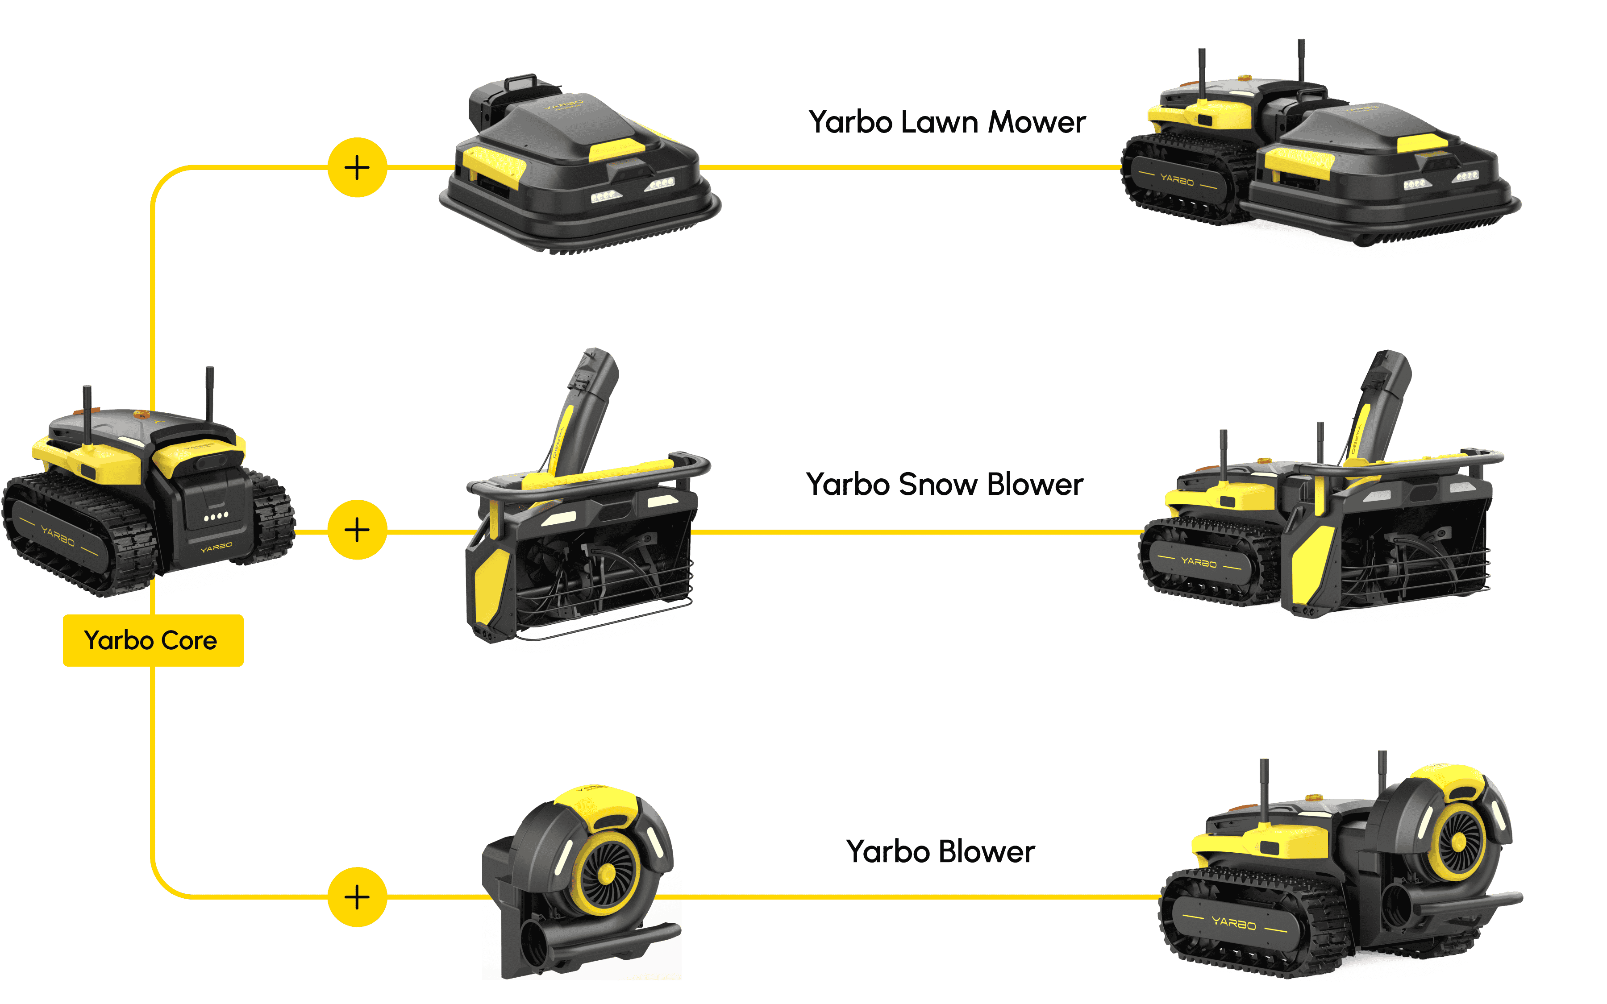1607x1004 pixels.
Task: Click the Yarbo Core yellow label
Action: point(153,640)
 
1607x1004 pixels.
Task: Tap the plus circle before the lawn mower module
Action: point(357,167)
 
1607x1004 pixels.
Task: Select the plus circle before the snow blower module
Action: point(357,530)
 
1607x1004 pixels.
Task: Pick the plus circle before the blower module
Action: point(357,897)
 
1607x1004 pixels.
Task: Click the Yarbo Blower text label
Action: point(940,852)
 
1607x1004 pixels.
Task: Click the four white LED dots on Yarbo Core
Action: point(216,515)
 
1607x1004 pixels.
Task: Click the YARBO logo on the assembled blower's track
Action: point(1234,922)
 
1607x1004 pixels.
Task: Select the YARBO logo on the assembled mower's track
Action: point(1177,179)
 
